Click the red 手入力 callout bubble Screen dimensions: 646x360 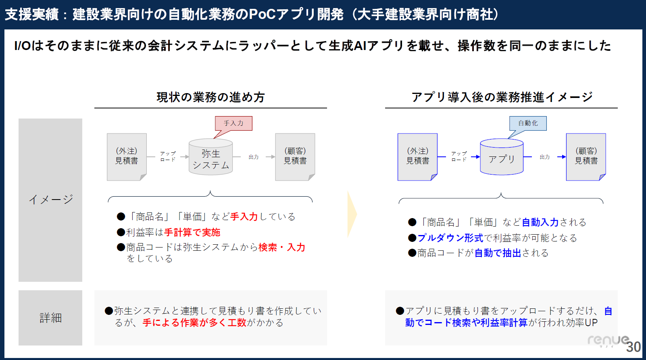click(233, 124)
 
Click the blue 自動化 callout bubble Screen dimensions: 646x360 click(528, 124)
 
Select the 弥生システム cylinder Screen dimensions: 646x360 click(210, 157)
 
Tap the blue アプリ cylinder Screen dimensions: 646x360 click(502, 157)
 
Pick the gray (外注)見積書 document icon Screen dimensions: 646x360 click(127, 157)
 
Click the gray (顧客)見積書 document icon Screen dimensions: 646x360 click(295, 157)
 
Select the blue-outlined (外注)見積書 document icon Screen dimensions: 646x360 click(417, 157)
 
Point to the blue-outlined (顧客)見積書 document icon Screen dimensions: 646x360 click(586, 157)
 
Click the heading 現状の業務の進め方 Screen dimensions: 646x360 click(210, 97)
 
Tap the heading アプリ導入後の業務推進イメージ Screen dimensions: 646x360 click(502, 97)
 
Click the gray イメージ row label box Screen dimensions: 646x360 click(50, 200)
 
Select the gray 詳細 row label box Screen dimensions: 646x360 click(50, 318)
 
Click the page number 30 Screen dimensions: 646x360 click(633, 347)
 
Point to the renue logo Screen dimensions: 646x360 click(608, 340)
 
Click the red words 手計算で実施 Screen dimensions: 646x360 click(192, 232)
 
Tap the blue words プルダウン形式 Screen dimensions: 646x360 click(450, 238)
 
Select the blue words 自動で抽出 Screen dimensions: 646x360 click(498, 253)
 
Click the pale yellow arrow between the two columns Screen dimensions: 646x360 click(352, 214)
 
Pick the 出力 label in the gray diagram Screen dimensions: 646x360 click(254, 157)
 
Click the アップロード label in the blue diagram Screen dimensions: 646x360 click(459, 156)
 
